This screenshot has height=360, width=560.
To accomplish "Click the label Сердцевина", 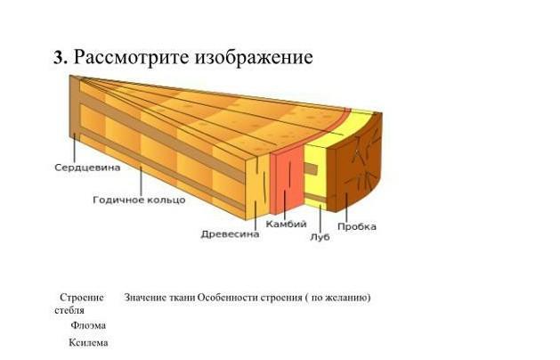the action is [87, 167].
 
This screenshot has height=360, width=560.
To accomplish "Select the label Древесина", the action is [230, 234].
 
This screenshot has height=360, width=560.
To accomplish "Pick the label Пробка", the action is [356, 226].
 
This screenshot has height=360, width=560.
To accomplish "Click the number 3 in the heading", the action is [59, 58].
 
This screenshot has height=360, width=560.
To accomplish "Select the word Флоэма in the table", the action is [88, 325].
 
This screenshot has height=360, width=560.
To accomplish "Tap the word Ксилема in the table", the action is [88, 343].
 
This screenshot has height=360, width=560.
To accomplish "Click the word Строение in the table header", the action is [81, 297].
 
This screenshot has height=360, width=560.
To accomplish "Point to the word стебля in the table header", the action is [69, 310].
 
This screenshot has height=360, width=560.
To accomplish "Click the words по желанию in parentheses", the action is [338, 297].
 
